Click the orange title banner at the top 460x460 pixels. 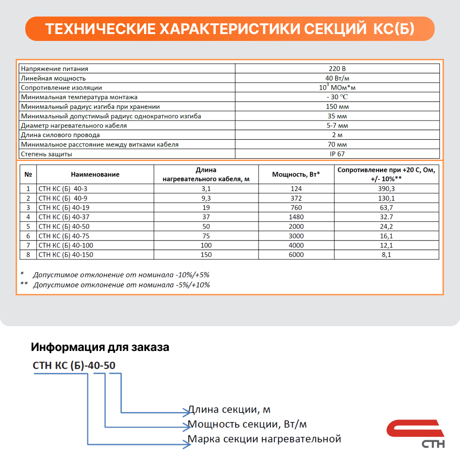coord(230,29)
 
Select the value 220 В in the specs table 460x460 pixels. coord(337,69)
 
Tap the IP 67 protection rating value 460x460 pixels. coord(337,154)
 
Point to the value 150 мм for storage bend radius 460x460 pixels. coord(337,106)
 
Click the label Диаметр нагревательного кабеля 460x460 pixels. coord(74,126)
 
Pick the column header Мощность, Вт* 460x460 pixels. coord(296,174)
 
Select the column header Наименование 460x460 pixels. coord(95,174)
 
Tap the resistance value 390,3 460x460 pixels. coord(386,189)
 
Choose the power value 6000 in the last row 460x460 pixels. coord(296,254)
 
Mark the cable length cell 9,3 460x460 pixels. coord(206,198)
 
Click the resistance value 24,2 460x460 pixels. coord(386,226)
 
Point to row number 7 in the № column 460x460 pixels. coord(28,245)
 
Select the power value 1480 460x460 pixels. coord(296,217)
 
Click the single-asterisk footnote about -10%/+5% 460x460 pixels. coord(121,275)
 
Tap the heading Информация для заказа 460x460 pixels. coord(100,347)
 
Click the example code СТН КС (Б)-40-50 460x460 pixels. coord(74,366)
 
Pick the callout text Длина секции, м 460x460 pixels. coord(229,410)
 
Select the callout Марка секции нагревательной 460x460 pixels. coord(264,439)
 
